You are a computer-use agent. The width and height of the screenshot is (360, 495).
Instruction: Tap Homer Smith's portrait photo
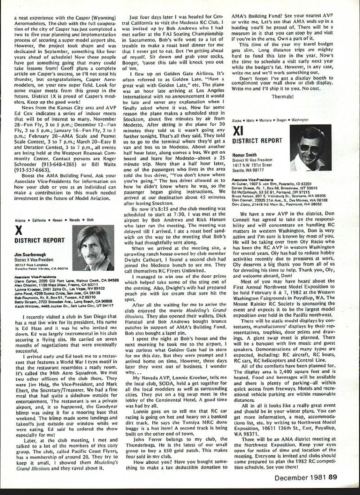pos(310,148)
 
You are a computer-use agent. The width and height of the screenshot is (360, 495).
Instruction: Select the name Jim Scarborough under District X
pos(30,255)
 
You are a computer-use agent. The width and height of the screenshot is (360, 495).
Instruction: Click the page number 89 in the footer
pos(333,478)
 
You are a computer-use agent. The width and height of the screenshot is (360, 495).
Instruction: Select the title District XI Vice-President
pos(252,160)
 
